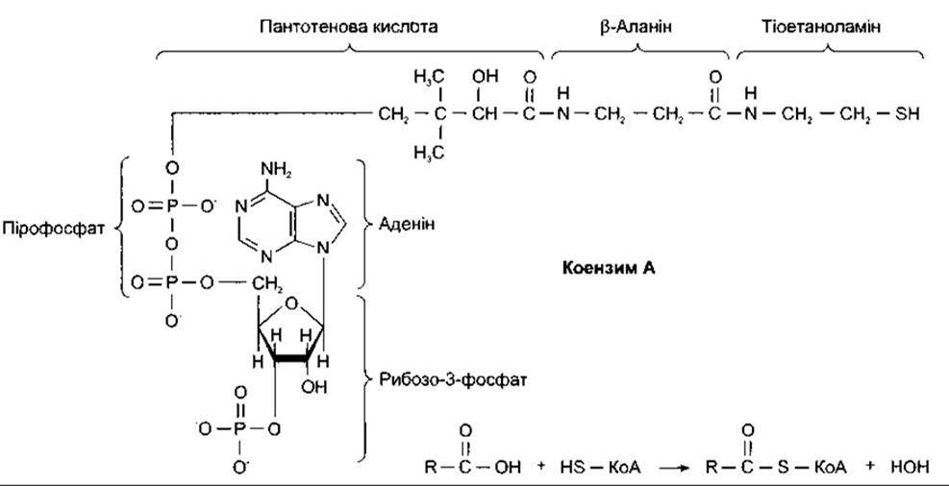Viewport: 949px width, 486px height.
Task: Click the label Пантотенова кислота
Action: (348, 27)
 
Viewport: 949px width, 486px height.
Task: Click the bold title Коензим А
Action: (609, 267)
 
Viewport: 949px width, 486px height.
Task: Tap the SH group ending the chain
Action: (909, 113)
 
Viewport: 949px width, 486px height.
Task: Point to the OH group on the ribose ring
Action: (314, 387)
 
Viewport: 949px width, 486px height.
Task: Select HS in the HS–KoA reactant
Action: (572, 467)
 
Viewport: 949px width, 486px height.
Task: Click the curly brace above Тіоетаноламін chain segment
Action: (830, 53)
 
